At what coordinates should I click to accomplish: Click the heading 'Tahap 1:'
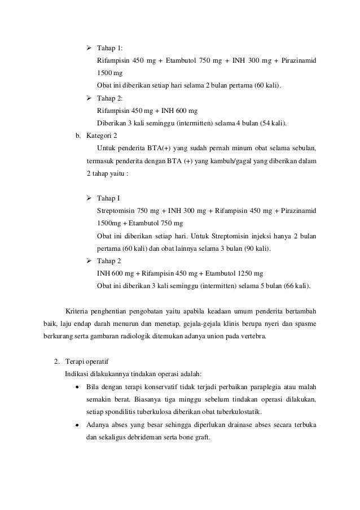coord(110,48)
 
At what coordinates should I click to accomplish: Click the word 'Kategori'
coord(98,136)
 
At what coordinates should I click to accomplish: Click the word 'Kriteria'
coord(77,311)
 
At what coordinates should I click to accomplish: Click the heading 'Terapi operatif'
coord(87,361)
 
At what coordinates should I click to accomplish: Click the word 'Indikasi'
coord(76,373)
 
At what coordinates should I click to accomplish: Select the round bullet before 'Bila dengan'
coord(77,387)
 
